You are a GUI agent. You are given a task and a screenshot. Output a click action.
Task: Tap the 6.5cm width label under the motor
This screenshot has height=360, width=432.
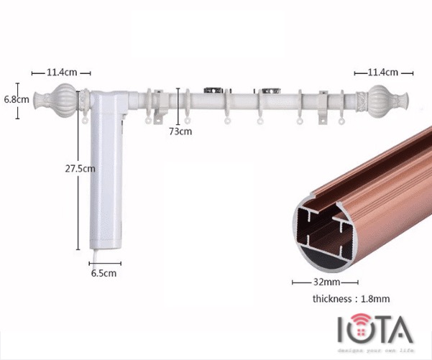[104, 273]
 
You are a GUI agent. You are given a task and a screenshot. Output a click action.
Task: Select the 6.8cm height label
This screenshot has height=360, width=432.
[15, 98]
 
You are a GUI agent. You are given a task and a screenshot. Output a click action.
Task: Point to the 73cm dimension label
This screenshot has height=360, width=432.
[180, 131]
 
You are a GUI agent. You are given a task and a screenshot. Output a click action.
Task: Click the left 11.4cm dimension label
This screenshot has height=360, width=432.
[61, 73]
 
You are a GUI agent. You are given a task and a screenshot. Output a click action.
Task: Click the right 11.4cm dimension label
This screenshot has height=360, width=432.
[382, 73]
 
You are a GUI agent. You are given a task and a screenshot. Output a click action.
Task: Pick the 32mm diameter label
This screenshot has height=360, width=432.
[321, 282]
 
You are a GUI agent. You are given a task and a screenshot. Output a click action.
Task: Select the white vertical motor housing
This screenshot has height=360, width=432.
[102, 172]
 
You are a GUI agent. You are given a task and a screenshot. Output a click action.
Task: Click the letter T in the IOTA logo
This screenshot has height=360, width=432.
[380, 329]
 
